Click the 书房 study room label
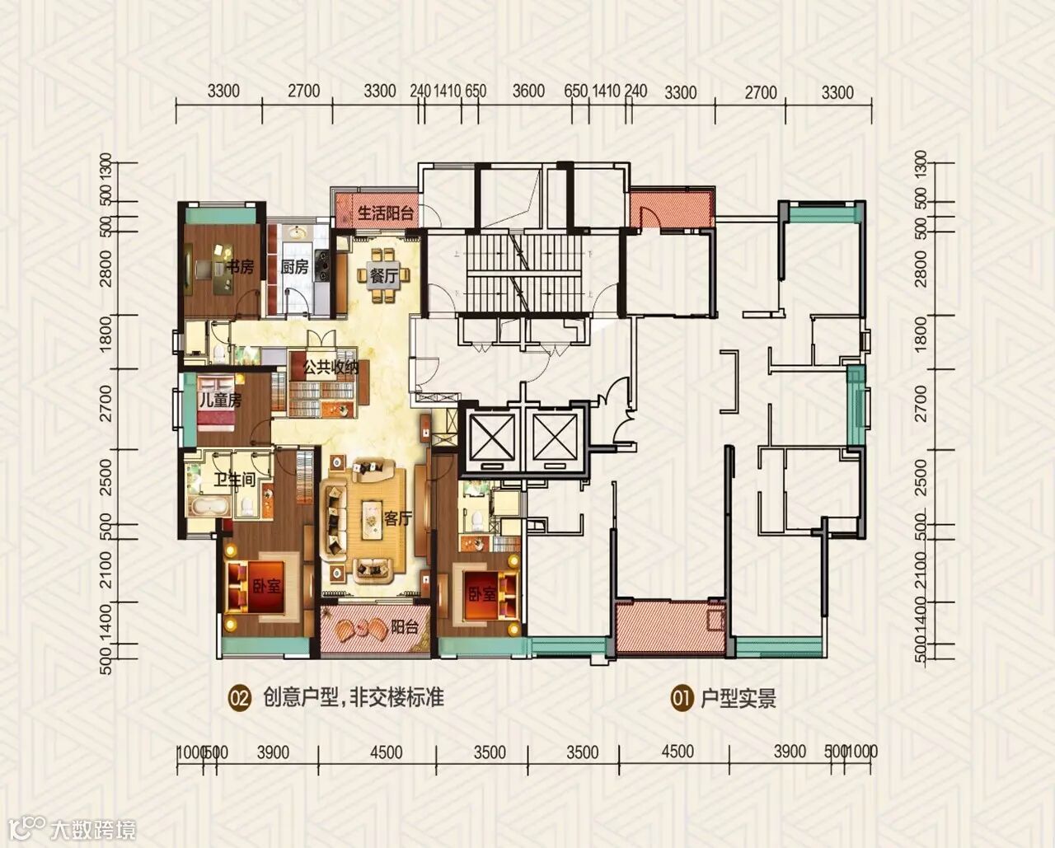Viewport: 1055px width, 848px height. coord(240,268)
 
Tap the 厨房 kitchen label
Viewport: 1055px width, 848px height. coord(294,268)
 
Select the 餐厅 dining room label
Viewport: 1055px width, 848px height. coord(384,276)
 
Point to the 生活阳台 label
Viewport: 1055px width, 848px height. coord(386,213)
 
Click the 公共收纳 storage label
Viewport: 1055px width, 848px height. coord(331,368)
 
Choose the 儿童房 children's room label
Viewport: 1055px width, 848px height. coord(220,400)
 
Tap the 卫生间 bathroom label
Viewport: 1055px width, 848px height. coord(235,480)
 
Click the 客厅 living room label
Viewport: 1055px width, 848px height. coord(397,518)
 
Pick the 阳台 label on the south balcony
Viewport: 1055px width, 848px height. coord(404,626)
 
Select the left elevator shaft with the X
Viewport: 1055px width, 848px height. coord(492,438)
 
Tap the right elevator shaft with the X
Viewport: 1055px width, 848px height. coord(556,438)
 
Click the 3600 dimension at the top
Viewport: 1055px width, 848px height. coord(528,91)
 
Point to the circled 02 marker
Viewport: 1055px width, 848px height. coord(240,699)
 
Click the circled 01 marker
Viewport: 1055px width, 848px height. coord(682,698)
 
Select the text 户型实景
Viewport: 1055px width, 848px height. coord(738,698)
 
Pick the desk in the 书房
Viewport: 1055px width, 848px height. coord(223,269)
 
